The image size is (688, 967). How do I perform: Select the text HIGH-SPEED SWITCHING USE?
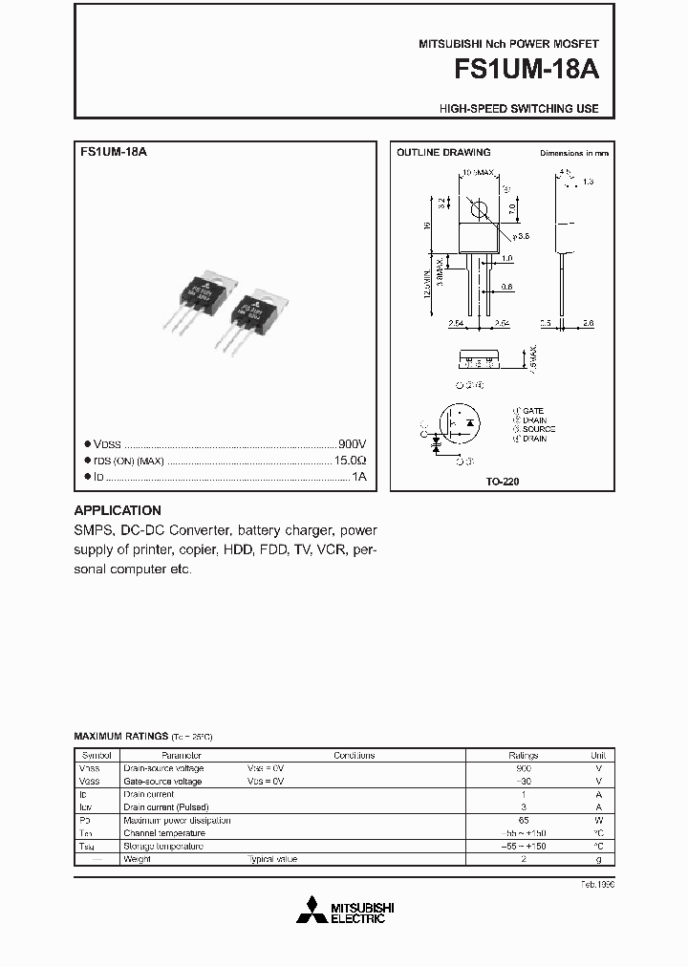[519, 109]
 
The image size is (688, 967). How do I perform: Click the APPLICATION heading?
[118, 510]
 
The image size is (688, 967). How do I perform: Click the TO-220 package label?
[504, 483]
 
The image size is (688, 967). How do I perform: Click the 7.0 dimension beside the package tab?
[512, 206]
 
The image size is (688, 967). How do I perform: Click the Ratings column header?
[523, 755]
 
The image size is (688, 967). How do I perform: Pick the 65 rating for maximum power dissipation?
[523, 820]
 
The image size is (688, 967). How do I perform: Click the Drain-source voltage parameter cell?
[162, 768]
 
